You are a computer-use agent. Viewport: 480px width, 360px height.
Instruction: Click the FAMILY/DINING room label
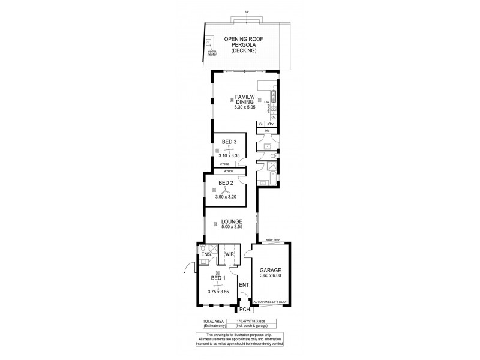click(x=245, y=100)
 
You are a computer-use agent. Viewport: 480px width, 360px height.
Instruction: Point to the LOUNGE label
click(x=232, y=221)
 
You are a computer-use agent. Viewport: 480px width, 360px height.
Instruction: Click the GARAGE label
click(x=271, y=270)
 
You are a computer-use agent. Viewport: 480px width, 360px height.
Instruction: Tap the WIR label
click(x=229, y=254)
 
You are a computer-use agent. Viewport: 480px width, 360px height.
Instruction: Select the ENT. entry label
click(x=244, y=285)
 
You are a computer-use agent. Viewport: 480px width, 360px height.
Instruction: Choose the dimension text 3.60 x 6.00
click(x=271, y=277)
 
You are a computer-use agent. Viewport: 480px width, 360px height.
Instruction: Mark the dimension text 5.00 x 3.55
click(x=232, y=227)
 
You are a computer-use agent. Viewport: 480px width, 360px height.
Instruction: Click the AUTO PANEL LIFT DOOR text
click(x=271, y=301)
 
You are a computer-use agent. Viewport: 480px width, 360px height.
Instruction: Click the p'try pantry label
click(x=271, y=123)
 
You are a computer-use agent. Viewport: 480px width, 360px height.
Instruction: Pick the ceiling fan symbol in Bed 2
click(x=226, y=190)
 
